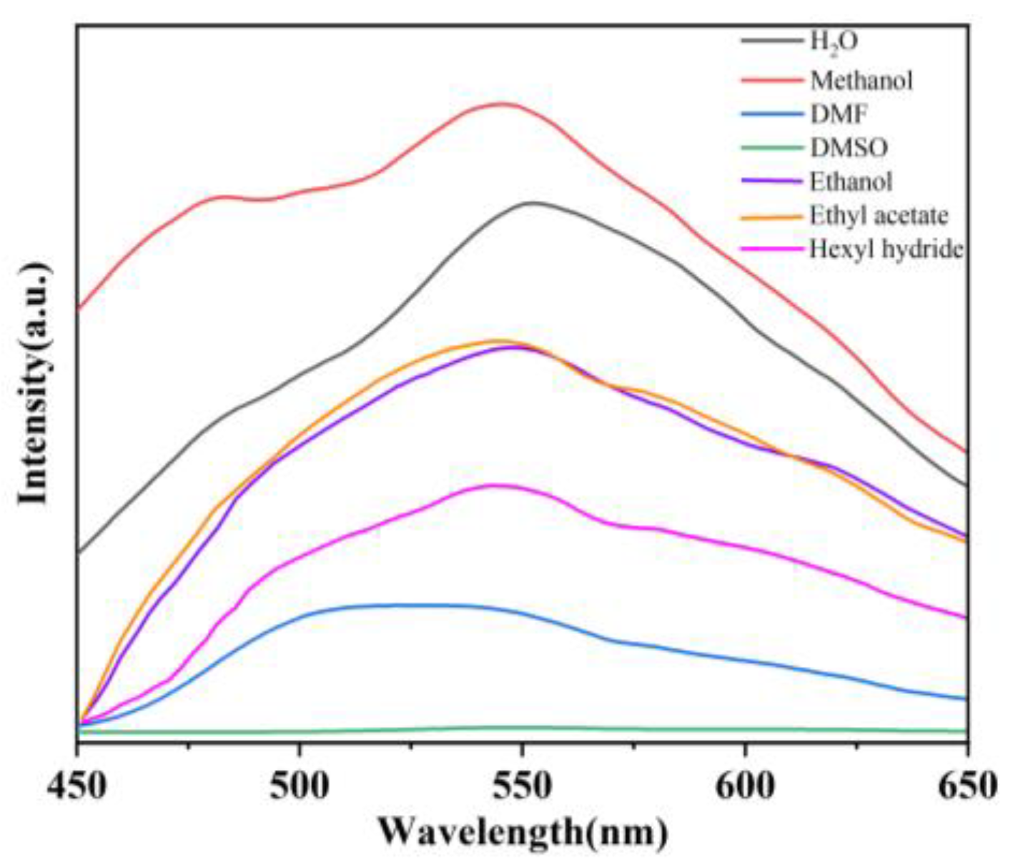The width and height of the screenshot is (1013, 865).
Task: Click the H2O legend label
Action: pos(833,42)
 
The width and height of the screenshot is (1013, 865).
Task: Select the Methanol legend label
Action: pos(861,80)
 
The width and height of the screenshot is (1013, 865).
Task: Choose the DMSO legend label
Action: pos(849,148)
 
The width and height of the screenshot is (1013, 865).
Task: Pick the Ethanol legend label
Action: pos(851,182)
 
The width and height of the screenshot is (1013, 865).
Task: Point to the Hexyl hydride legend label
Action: pos(886,249)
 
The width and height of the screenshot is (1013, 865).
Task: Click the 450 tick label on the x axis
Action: pos(77,787)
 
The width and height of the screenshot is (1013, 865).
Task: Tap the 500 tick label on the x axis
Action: pos(300,787)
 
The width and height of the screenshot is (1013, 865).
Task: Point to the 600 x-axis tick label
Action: pos(745,787)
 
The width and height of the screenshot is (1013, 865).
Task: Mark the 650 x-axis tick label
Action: pos(967,787)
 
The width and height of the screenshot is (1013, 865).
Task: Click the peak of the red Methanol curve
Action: pos(503,104)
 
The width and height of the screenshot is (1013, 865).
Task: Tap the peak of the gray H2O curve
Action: pos(530,202)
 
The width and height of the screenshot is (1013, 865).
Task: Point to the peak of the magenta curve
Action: pos(493,485)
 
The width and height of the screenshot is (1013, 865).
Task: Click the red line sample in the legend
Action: pos(772,80)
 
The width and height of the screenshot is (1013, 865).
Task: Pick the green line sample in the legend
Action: pos(772,148)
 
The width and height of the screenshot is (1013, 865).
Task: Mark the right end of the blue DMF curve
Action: pos(966,698)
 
